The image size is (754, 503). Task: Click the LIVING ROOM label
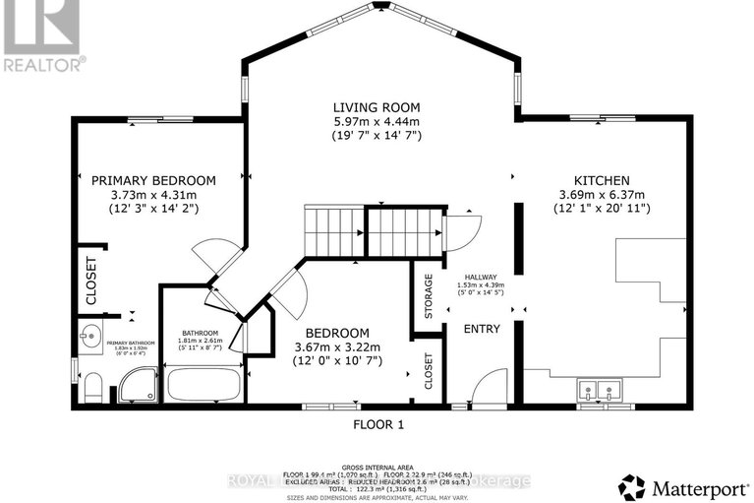tap(377, 106)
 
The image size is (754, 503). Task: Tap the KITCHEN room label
tap(602, 181)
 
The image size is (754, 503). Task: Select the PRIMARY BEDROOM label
tap(153, 180)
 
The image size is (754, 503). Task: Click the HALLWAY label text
tap(481, 278)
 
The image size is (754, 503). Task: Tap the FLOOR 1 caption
tap(378, 425)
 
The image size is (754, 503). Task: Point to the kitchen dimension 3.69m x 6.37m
tap(602, 195)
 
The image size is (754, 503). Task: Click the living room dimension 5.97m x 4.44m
tap(377, 121)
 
